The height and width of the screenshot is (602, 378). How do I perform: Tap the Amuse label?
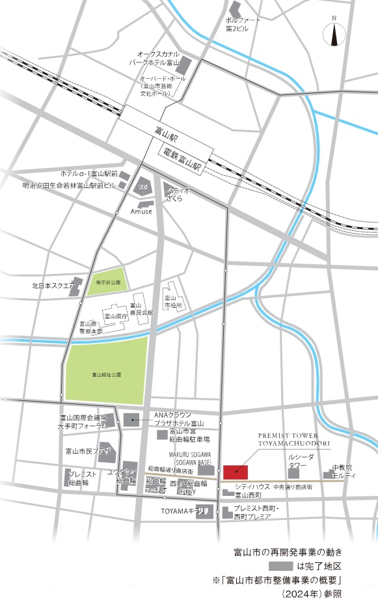[141, 212]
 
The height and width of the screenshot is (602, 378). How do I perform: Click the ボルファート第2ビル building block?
[234, 10]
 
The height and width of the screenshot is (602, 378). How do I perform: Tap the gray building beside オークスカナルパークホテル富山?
[184, 65]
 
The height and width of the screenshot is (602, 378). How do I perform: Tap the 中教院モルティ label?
[344, 471]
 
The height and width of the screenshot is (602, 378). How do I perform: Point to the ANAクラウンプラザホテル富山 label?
[175, 418]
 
